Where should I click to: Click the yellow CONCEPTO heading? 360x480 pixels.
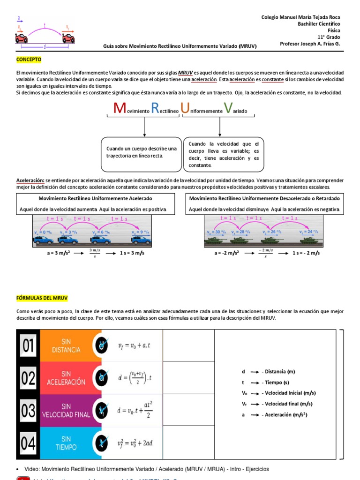click(x=29, y=60)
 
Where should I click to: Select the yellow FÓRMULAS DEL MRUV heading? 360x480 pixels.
click(x=42, y=298)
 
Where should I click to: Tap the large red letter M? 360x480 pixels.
click(x=120, y=108)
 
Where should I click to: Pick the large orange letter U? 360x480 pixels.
click(x=185, y=108)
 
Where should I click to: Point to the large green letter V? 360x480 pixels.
click(x=228, y=108)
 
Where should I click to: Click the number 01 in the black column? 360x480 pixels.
click(x=28, y=346)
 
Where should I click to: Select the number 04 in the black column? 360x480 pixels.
click(x=28, y=443)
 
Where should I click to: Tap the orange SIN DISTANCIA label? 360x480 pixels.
click(x=66, y=346)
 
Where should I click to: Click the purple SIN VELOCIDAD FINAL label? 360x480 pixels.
click(x=66, y=411)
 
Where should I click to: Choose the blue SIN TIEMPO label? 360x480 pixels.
click(x=66, y=443)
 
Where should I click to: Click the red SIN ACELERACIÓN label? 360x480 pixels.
click(x=66, y=378)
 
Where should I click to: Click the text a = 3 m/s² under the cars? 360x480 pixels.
click(x=52, y=253)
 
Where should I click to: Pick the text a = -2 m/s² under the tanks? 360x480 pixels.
click(x=227, y=253)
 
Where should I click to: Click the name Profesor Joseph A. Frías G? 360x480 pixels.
click(x=310, y=44)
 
